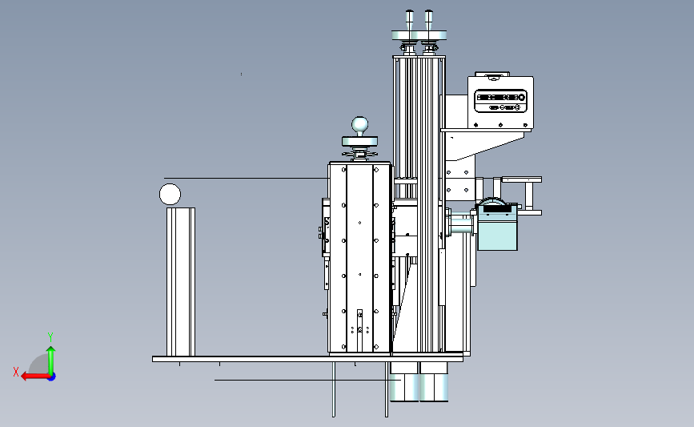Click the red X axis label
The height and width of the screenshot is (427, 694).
pyautogui.click(x=16, y=372)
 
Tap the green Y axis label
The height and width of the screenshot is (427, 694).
pyautogui.click(x=50, y=337)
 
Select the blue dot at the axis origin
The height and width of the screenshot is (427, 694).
pyautogui.click(x=52, y=377)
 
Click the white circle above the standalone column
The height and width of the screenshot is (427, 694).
pyautogui.click(x=170, y=195)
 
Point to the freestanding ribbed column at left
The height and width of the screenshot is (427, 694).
pyautogui.click(x=181, y=282)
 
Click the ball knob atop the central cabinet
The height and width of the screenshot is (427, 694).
pyautogui.click(x=360, y=126)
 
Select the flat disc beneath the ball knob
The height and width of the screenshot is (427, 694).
pyautogui.click(x=360, y=141)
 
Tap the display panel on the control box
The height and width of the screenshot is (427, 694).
pyautogui.click(x=500, y=101)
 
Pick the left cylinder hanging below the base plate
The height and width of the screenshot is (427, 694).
pyautogui.click(x=403, y=381)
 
